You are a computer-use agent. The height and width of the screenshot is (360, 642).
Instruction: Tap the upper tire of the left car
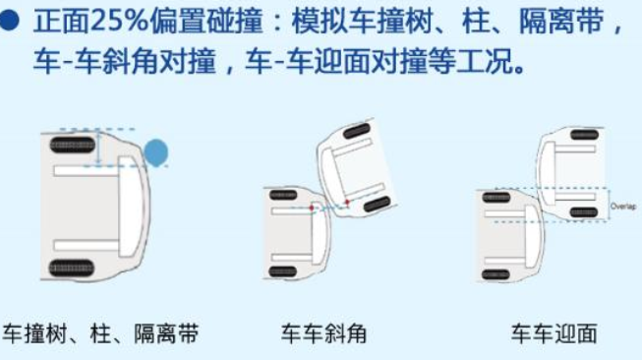pos(71,145)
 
